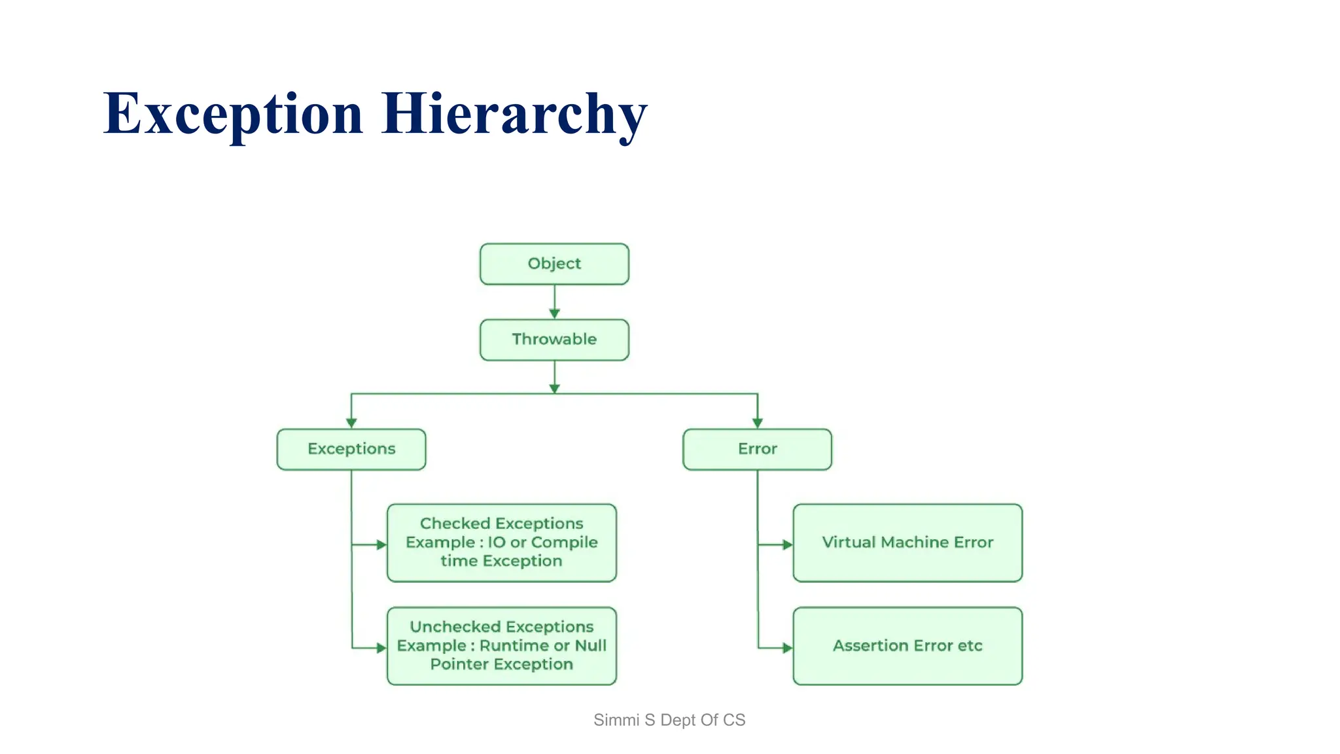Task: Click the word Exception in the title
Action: point(233,115)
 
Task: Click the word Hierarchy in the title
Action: point(514,115)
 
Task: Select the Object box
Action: point(554,264)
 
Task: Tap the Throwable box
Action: point(554,340)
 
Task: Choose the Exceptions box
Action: point(351,449)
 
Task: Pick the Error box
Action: point(757,449)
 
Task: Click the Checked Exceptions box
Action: point(501,543)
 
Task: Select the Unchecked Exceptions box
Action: point(501,646)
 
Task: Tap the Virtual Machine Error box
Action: point(908,543)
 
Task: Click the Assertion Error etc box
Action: point(908,646)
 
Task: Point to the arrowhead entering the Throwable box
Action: point(554,314)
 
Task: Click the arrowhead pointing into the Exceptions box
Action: point(351,423)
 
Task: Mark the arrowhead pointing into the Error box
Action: point(757,423)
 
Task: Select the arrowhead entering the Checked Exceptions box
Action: point(381,545)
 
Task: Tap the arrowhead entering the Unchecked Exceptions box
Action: point(381,648)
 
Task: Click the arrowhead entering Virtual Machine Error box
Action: point(787,545)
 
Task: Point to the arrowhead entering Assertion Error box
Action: point(787,648)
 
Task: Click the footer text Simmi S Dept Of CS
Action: point(669,720)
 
